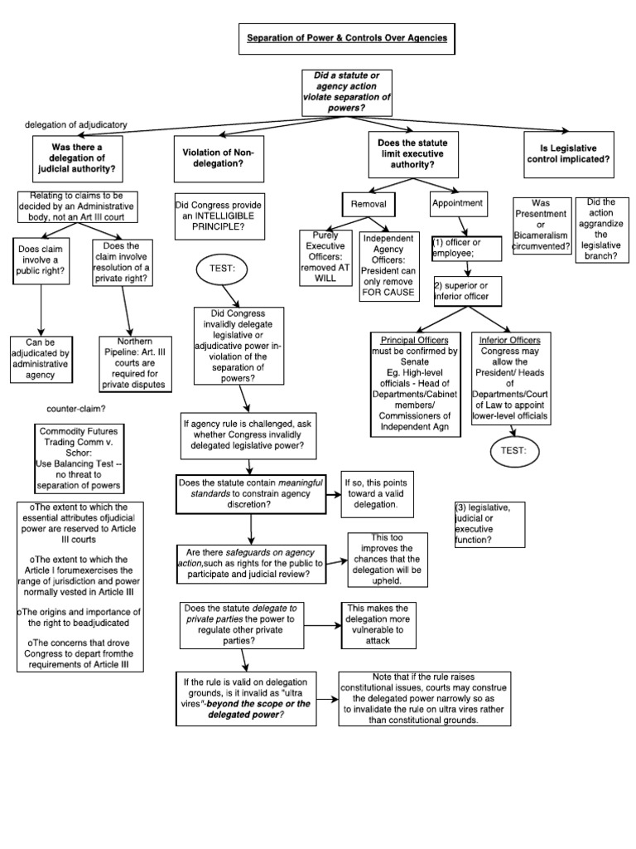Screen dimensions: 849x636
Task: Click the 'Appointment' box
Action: (x=458, y=203)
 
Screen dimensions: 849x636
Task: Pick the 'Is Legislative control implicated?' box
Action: (x=569, y=158)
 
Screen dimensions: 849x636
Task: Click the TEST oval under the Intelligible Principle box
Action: (x=220, y=269)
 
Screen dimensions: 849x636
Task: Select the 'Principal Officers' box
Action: (x=414, y=382)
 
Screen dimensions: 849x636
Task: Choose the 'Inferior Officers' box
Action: (x=510, y=377)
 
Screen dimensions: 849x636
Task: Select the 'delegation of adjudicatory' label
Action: (x=75, y=124)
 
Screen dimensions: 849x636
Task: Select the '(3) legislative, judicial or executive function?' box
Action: (x=489, y=523)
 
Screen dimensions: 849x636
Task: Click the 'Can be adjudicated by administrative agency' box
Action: (x=41, y=358)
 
